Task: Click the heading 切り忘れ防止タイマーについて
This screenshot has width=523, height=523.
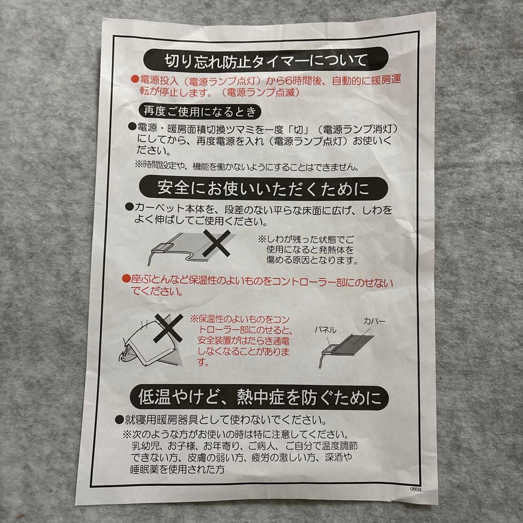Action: tap(265, 61)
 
